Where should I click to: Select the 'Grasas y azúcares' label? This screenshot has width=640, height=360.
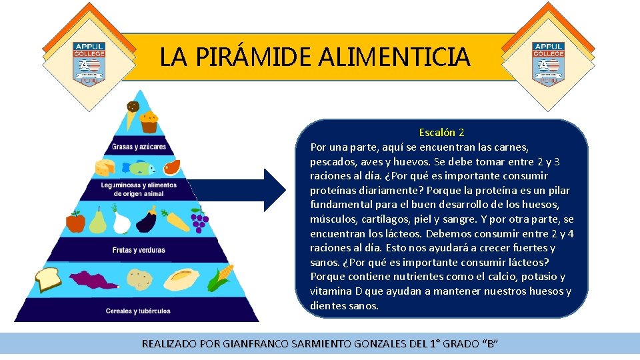[x=139, y=147]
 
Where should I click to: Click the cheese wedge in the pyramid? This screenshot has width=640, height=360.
[x=105, y=167]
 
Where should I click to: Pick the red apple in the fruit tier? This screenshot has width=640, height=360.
[x=75, y=221]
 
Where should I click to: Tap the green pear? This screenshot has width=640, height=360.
[x=98, y=220]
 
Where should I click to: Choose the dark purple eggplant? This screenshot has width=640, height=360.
[x=147, y=221]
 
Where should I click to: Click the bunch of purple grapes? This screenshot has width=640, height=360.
[x=199, y=219]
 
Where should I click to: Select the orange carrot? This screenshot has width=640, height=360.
[x=176, y=221]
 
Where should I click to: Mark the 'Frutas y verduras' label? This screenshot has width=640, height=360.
[x=138, y=250]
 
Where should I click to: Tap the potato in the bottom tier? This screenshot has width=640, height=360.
[x=137, y=280]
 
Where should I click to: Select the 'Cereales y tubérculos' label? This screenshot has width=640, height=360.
[x=138, y=311]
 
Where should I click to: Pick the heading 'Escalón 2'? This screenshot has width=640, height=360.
[x=441, y=132]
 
